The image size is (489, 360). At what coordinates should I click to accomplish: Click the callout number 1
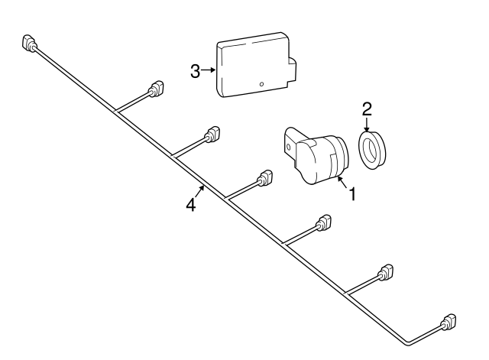(x=353, y=195)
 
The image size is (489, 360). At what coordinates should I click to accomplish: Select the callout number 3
(x=196, y=71)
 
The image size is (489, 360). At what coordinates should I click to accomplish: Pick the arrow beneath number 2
(x=366, y=125)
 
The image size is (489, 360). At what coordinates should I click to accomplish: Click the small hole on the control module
(x=261, y=83)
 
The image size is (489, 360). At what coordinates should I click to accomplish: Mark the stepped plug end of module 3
(x=293, y=70)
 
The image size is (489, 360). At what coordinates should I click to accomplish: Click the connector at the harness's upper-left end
(x=29, y=44)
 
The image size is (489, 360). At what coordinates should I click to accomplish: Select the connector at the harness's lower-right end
(x=449, y=323)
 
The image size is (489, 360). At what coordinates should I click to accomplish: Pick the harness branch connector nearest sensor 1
(x=265, y=178)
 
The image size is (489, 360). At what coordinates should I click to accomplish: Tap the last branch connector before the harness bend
(x=386, y=273)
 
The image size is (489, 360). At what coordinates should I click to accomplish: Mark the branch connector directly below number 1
(x=324, y=224)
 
